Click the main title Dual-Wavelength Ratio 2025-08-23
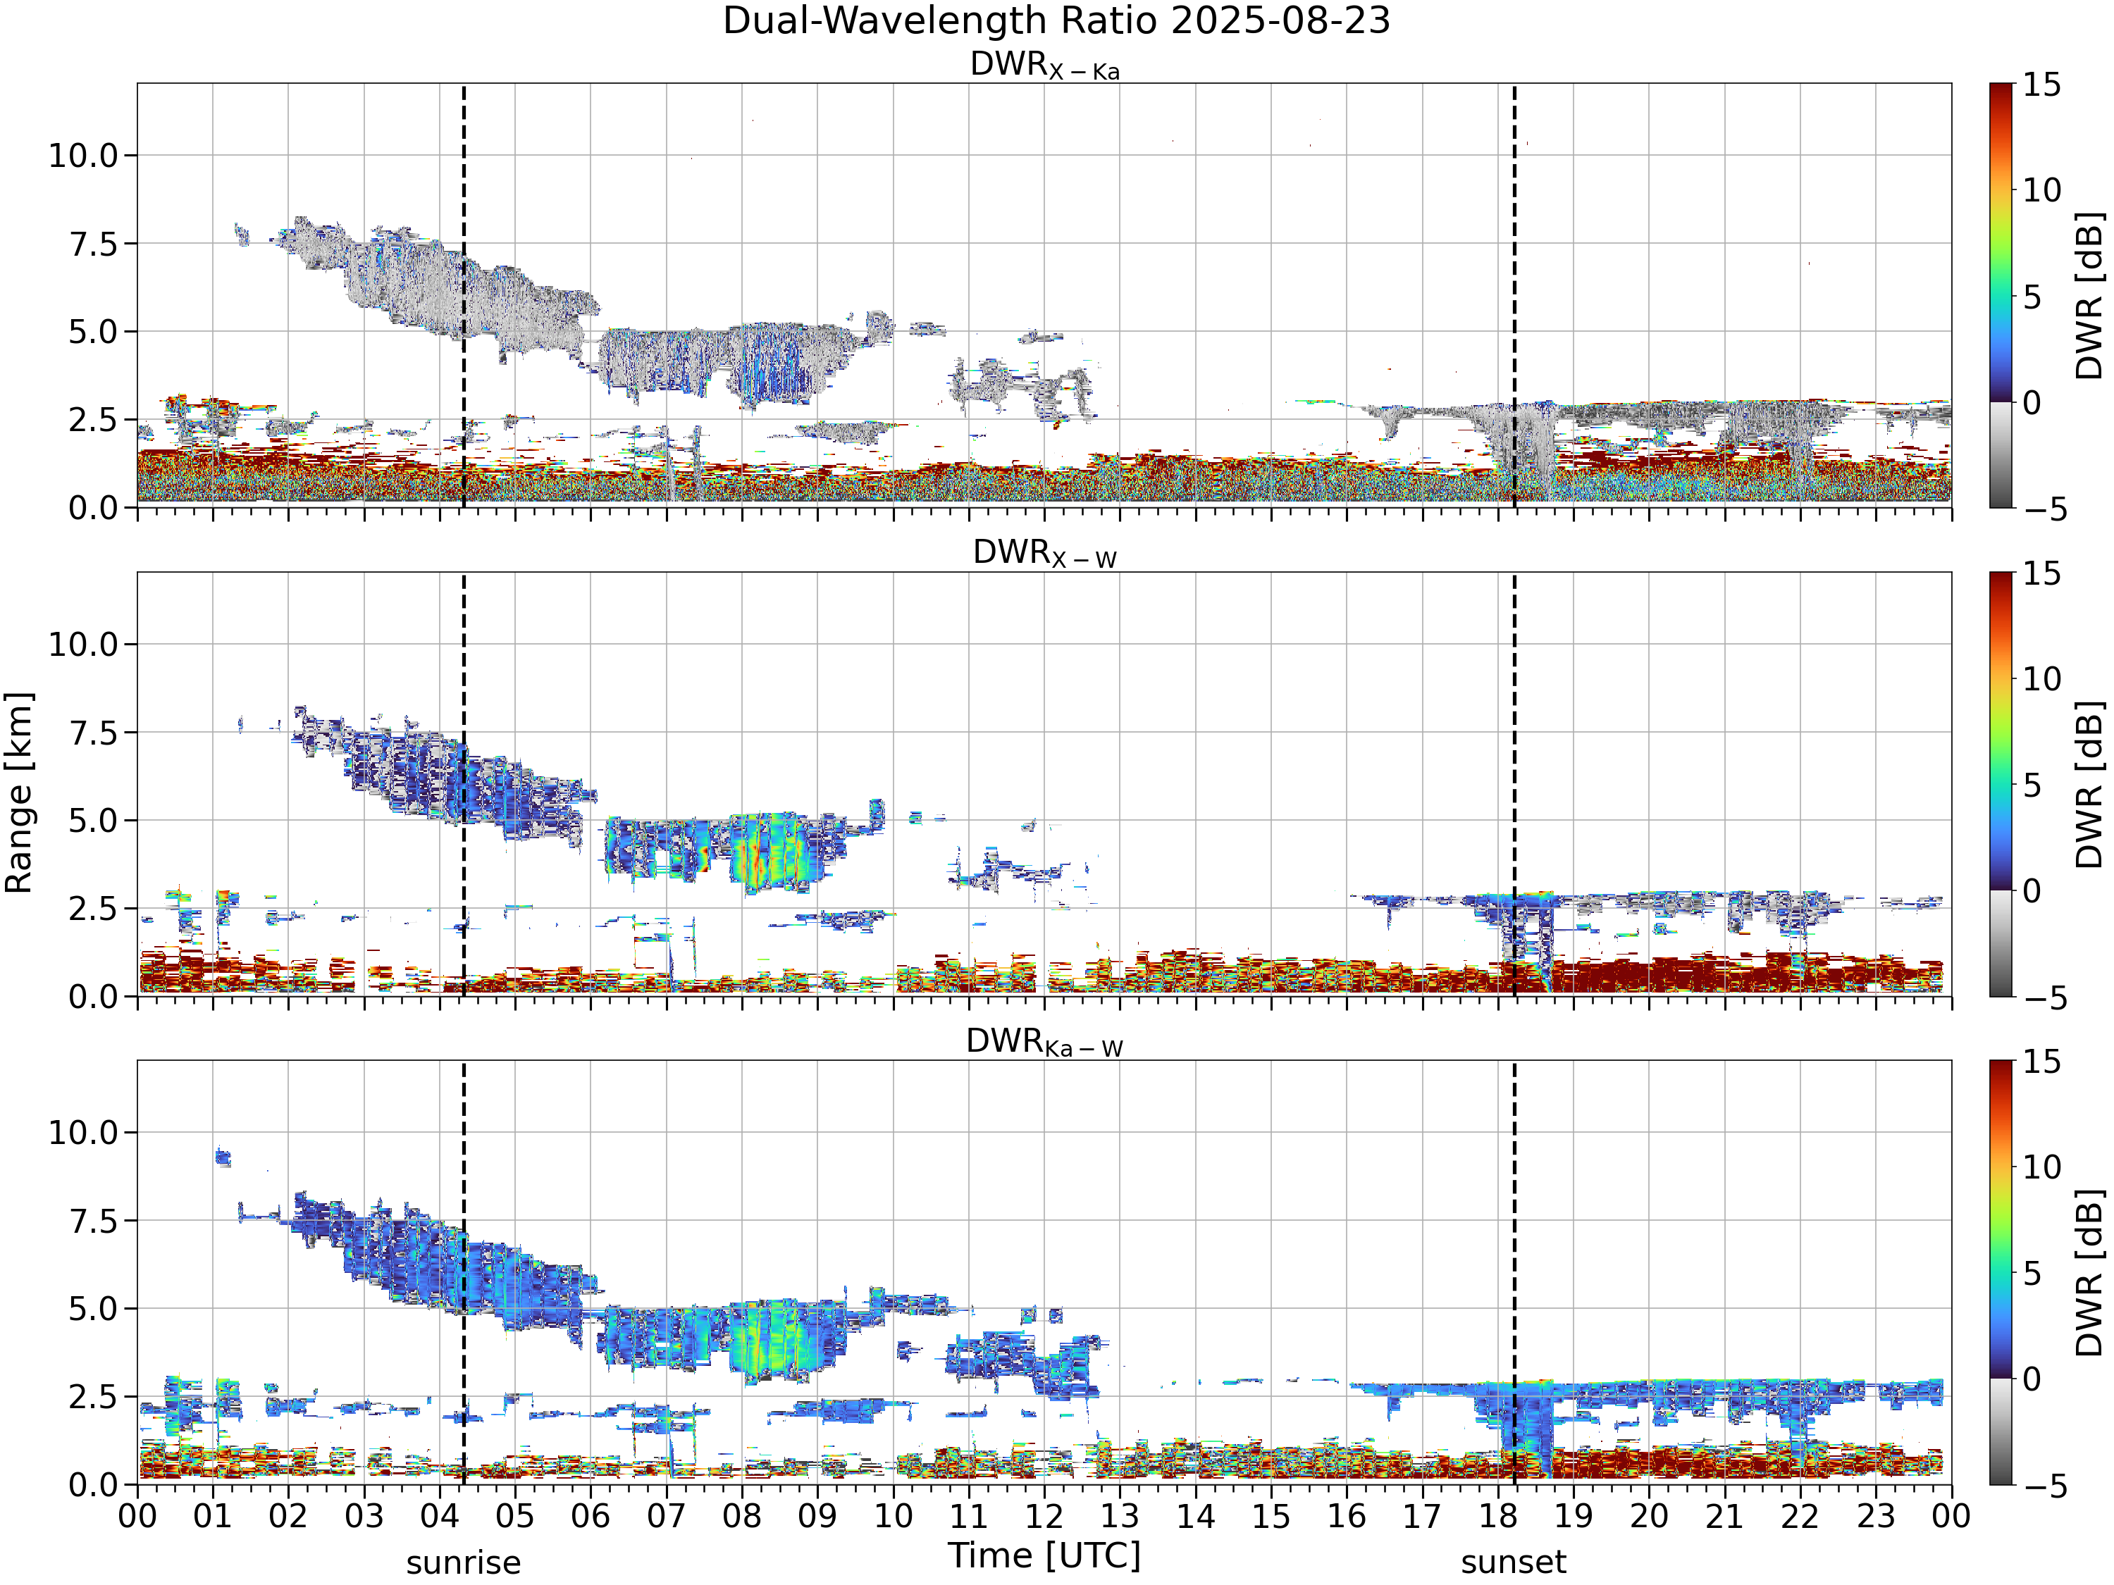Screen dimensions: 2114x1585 coord(1056,21)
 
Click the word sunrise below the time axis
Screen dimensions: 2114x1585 coord(464,1563)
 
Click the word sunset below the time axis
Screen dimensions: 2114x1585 coord(1514,1563)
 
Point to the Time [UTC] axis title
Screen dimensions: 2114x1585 coord(1044,1556)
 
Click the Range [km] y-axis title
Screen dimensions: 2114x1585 coord(19,793)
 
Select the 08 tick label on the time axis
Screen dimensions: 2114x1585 coord(741,1516)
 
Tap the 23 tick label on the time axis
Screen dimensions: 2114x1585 coord(1876,1516)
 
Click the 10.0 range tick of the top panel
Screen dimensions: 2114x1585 coord(83,155)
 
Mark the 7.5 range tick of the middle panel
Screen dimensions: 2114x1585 coord(93,733)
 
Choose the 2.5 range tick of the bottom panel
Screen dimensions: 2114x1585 coord(93,1397)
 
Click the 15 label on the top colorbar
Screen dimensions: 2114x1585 coord(2041,85)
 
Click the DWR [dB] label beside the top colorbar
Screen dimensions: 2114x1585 coord(2090,295)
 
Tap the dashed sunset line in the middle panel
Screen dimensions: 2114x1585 coord(1514,784)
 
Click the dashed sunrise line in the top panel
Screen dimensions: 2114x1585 coord(464,295)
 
